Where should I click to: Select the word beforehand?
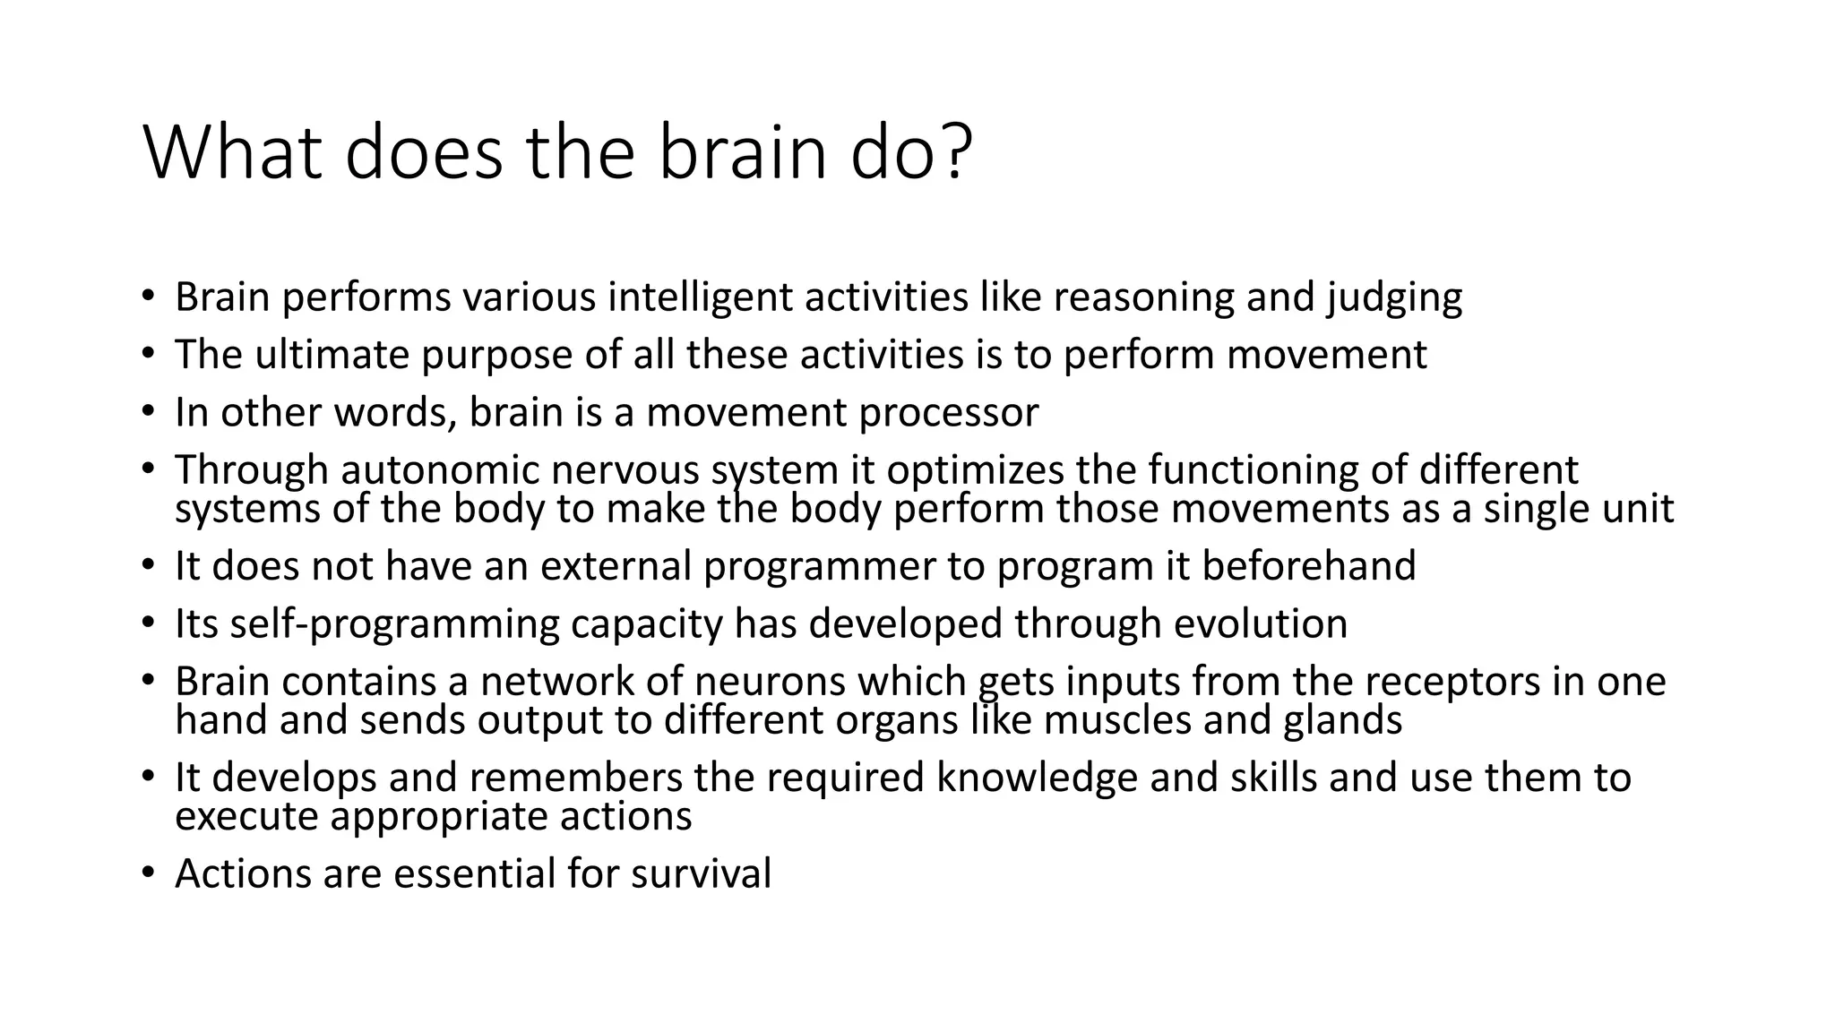pyautogui.click(x=1309, y=566)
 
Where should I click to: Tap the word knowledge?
pyautogui.click(x=1037, y=778)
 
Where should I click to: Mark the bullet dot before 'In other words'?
pyautogui.click(x=148, y=411)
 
